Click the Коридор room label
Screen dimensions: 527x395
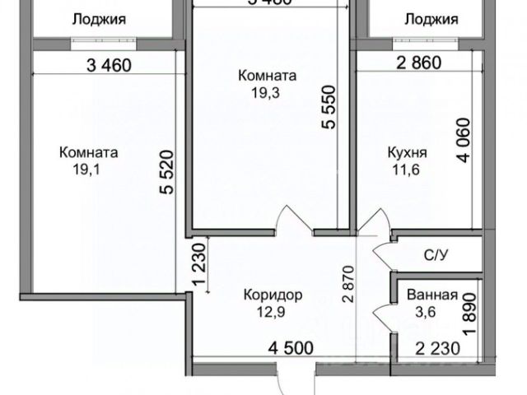pos(273,294)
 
